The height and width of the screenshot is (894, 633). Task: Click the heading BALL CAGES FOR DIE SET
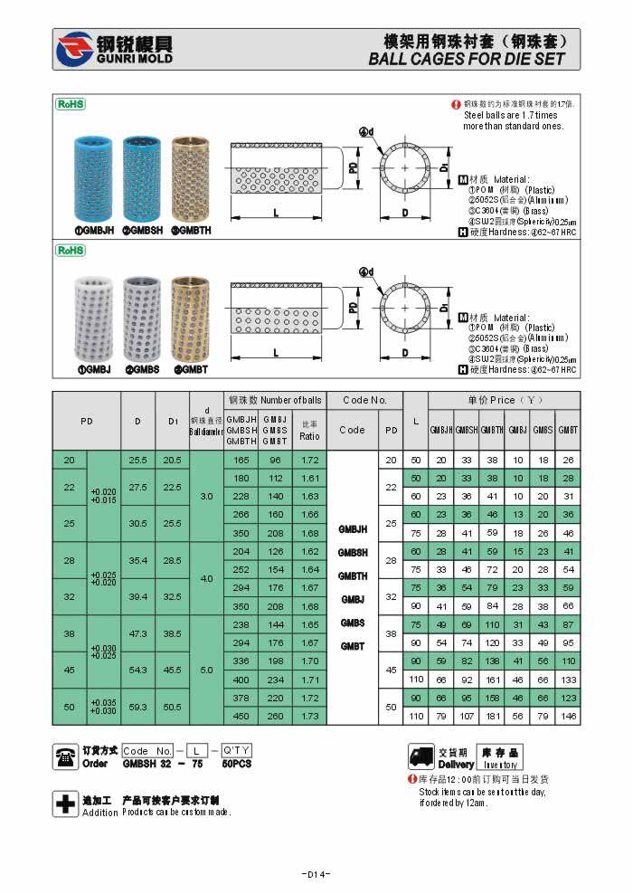pos(467,60)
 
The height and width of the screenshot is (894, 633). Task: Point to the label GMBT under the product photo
pos(191,369)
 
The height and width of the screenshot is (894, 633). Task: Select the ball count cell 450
pos(241,715)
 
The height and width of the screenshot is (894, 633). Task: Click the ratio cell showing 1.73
pos(309,715)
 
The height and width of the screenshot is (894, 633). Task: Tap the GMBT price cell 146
pos(567,715)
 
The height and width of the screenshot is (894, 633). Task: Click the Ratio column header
pos(309,430)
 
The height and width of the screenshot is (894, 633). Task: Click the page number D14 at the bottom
pos(316,874)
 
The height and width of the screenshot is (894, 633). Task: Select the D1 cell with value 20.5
pos(173,460)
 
